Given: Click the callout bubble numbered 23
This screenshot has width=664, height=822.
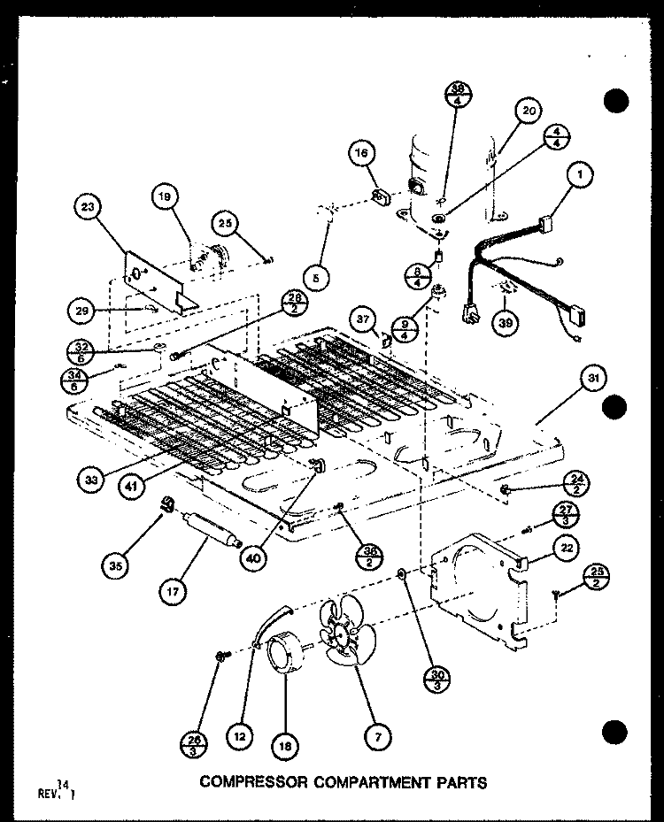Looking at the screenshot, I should click(x=88, y=209).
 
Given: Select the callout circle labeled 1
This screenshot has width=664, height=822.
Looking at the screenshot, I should click(x=580, y=176).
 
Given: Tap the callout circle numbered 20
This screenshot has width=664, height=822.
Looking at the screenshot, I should click(x=529, y=111).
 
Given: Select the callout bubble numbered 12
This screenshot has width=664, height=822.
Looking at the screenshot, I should click(x=238, y=734).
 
